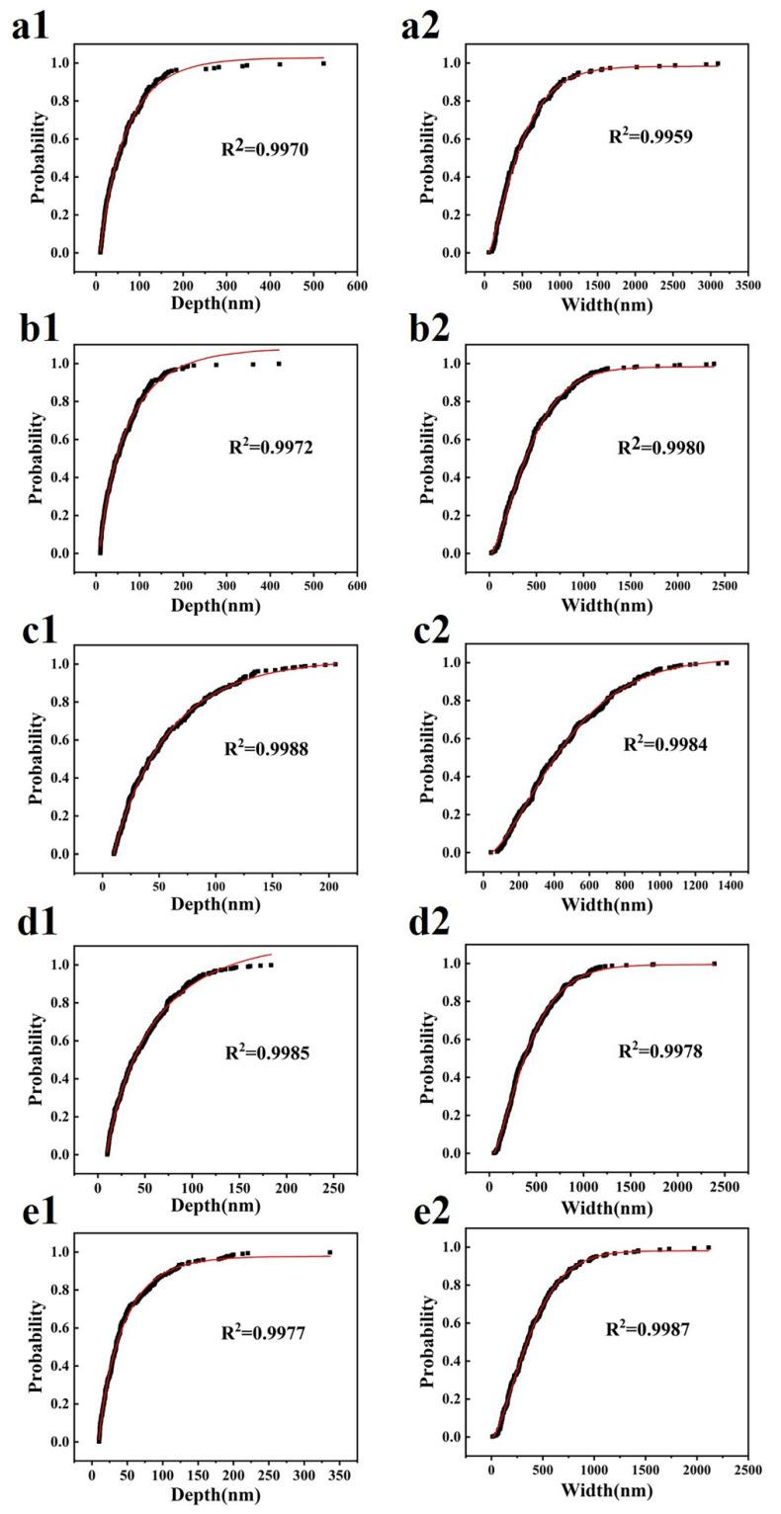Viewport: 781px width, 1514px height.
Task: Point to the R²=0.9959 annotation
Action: [651, 136]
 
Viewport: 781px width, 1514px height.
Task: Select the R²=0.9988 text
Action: [266, 749]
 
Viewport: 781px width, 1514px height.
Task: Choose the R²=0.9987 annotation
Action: [648, 1329]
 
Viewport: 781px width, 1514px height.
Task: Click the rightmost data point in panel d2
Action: [714, 964]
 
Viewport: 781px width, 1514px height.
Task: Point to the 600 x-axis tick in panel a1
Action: [357, 286]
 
